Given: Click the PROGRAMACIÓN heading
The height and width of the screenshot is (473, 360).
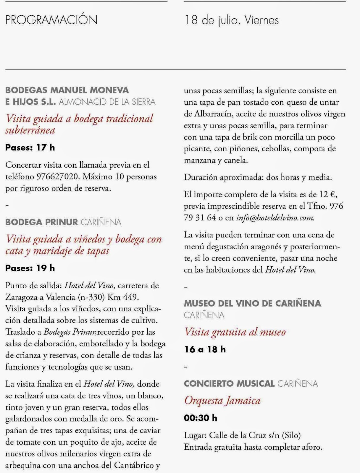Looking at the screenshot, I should [x=51, y=20].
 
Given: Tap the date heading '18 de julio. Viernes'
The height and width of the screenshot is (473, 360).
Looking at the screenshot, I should [x=232, y=20].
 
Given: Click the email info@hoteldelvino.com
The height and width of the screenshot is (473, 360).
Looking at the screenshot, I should [x=275, y=218].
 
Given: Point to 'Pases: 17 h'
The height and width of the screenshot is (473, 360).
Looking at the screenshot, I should [x=30, y=148].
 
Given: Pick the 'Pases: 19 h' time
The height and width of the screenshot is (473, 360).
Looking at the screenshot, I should [x=30, y=268].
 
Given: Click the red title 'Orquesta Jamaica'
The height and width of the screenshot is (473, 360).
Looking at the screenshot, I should [x=222, y=401].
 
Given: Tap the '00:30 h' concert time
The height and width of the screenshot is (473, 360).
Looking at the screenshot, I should [x=201, y=418].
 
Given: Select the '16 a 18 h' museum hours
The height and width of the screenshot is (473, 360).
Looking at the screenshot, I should [x=205, y=349].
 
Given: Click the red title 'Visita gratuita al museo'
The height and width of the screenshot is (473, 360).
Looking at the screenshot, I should [x=235, y=332].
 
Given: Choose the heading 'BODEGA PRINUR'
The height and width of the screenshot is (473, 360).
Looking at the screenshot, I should [x=42, y=222].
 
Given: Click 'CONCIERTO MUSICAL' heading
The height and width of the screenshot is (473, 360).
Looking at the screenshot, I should [x=229, y=384].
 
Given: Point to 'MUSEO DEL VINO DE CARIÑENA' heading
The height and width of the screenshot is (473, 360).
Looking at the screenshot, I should [x=252, y=303].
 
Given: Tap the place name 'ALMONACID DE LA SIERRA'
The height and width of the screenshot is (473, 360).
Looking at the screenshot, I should [x=107, y=102].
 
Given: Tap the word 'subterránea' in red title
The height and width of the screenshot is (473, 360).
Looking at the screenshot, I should [x=30, y=130].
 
